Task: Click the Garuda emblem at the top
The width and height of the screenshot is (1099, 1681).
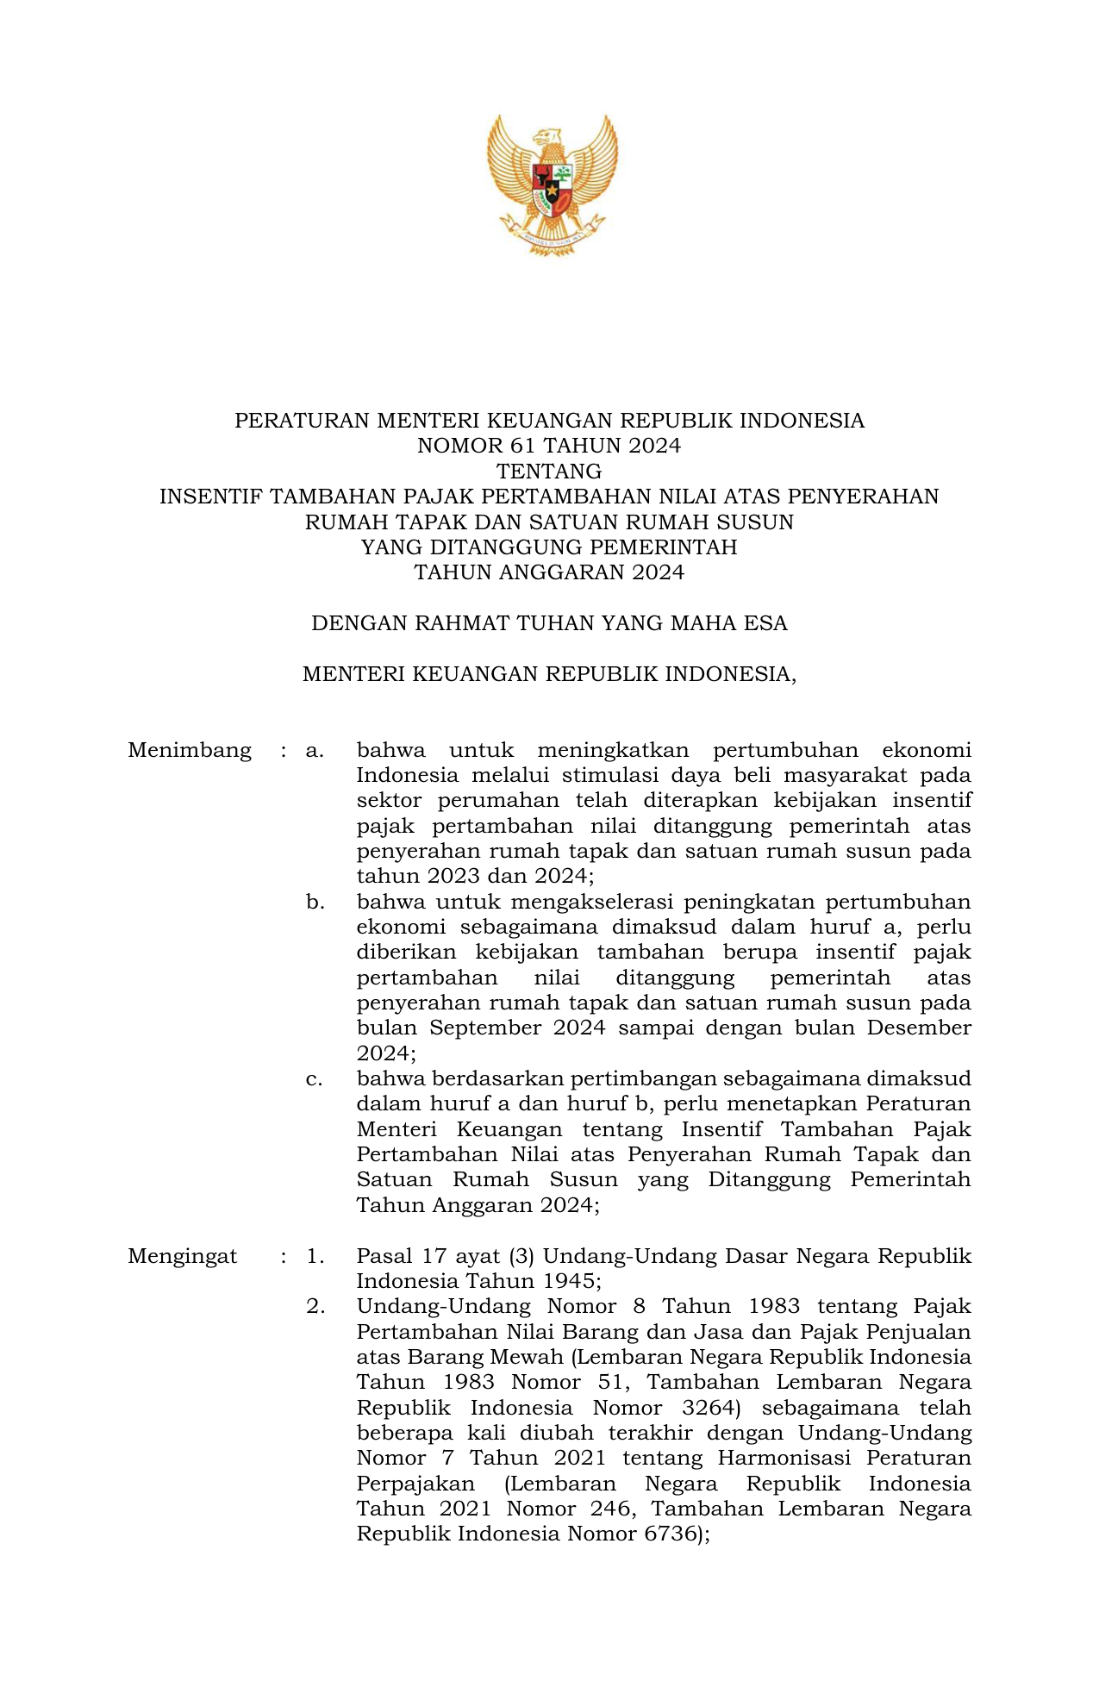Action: pyautogui.click(x=552, y=184)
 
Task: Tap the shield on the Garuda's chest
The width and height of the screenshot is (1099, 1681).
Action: pyautogui.click(x=552, y=189)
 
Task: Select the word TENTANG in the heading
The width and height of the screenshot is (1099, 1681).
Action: pyautogui.click(x=549, y=472)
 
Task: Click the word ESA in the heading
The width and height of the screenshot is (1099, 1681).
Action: pyautogui.click(x=766, y=623)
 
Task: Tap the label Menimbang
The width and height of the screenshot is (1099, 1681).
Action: pyautogui.click(x=190, y=750)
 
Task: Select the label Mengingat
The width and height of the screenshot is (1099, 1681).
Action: pyautogui.click(x=183, y=1256)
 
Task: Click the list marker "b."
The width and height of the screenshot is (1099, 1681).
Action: pyautogui.click(x=315, y=903)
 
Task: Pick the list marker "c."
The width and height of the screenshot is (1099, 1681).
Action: pyautogui.click(x=315, y=1079)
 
